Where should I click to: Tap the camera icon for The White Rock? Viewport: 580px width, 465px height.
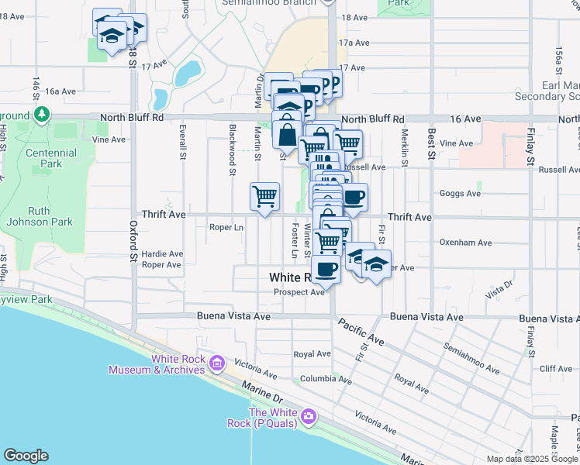(309, 417)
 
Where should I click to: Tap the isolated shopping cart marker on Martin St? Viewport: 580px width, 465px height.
(265, 197)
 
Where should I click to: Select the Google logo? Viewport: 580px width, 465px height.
(26, 456)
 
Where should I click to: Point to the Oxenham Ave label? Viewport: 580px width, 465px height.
(465, 243)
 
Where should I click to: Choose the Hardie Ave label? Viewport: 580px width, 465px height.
(163, 253)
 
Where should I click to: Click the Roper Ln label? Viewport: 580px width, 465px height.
(226, 228)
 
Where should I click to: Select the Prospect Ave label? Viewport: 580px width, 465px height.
(299, 292)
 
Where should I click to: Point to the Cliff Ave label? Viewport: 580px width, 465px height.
(555, 369)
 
